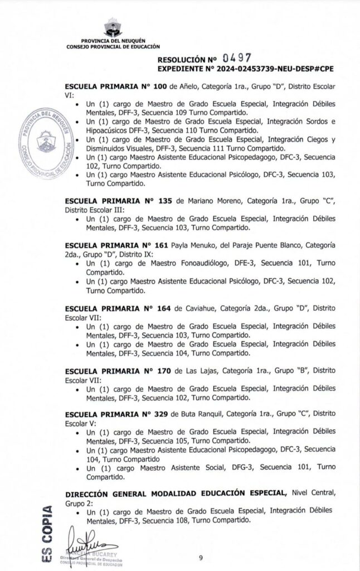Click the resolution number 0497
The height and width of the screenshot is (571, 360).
click(236, 57)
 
